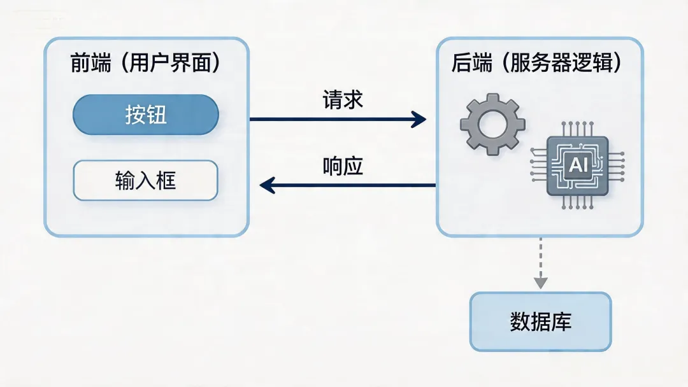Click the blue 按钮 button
146,115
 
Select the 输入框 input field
146,181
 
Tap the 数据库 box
540,321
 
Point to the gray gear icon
492,123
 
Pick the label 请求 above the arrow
343,99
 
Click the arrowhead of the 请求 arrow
419,118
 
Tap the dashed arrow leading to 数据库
540,261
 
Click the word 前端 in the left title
90,64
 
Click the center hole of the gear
492,123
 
